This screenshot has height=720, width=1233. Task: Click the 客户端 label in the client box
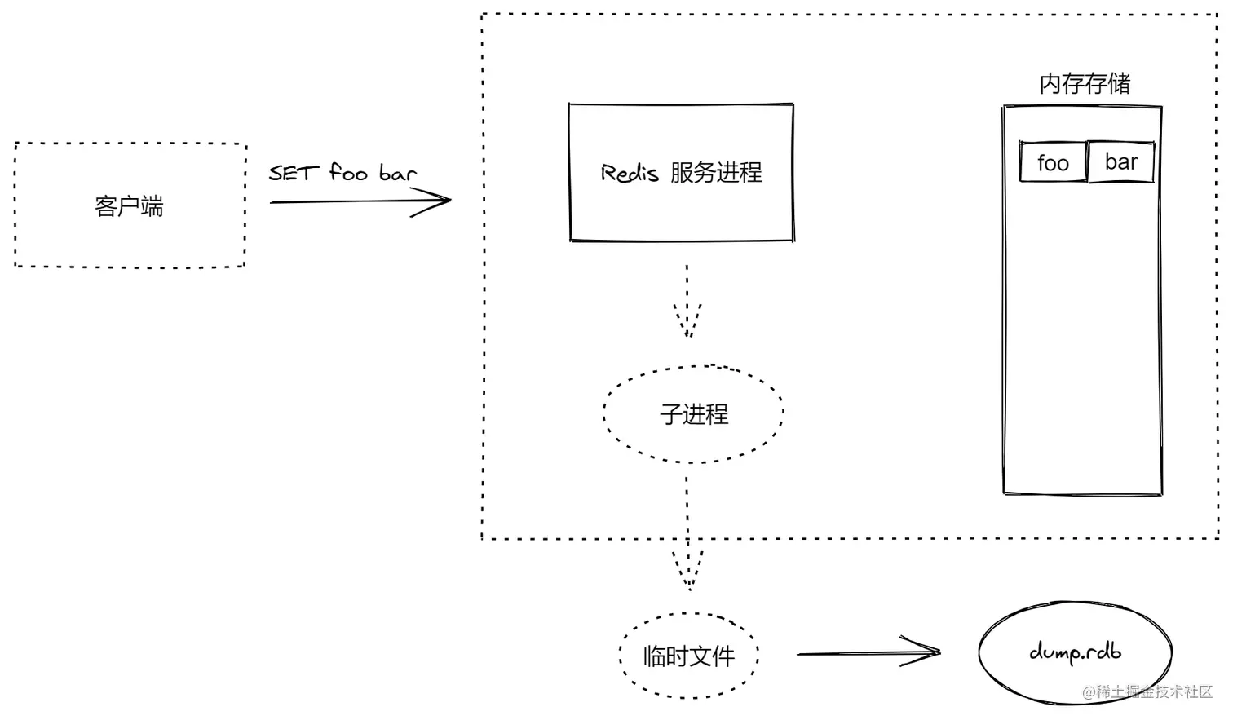(x=129, y=206)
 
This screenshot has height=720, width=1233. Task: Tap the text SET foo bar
(x=342, y=173)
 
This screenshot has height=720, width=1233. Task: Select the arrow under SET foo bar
(x=359, y=201)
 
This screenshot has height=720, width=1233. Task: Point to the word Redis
(x=629, y=173)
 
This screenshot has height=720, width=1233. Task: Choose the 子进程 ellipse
(x=693, y=414)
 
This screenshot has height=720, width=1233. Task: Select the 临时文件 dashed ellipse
(x=689, y=656)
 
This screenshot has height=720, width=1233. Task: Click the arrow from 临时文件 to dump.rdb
(x=868, y=652)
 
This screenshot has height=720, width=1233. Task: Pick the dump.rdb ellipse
(x=1075, y=652)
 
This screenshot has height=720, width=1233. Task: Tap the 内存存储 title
(x=1085, y=83)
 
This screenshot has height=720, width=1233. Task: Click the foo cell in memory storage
(x=1053, y=163)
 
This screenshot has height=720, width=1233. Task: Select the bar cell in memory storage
(x=1121, y=162)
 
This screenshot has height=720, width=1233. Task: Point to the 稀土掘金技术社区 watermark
(x=1148, y=692)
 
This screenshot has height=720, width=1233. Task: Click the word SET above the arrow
(x=294, y=173)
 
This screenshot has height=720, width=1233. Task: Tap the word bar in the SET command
(x=398, y=173)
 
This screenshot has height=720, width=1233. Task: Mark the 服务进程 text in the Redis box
(x=716, y=173)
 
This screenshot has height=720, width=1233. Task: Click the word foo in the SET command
(x=348, y=173)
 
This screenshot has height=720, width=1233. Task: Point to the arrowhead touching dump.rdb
(x=926, y=652)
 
